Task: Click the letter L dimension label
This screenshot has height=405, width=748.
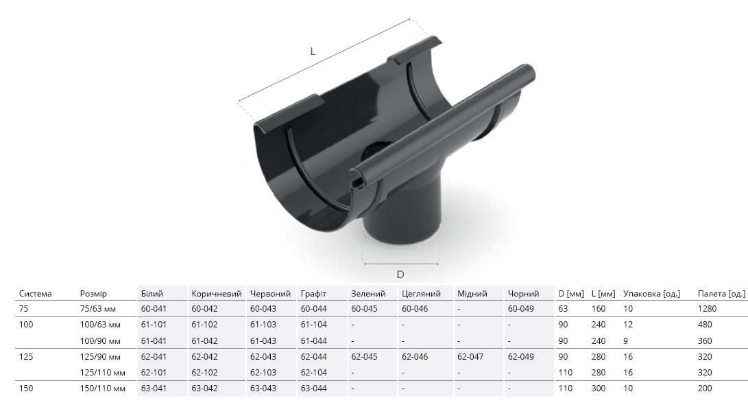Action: [x=313, y=51]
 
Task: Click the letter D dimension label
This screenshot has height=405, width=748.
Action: [x=400, y=274]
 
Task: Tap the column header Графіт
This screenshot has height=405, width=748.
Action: [x=313, y=294]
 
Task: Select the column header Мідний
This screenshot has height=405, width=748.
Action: [x=472, y=294]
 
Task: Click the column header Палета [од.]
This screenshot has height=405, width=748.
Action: [x=721, y=294]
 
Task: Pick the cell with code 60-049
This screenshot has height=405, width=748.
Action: [x=521, y=308]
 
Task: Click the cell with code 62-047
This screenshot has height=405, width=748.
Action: [x=470, y=357]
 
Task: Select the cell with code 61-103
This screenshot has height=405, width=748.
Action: [x=263, y=325]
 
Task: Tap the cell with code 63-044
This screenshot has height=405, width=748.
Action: [x=314, y=389]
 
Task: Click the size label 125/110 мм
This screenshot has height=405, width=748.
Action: [x=103, y=373]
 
